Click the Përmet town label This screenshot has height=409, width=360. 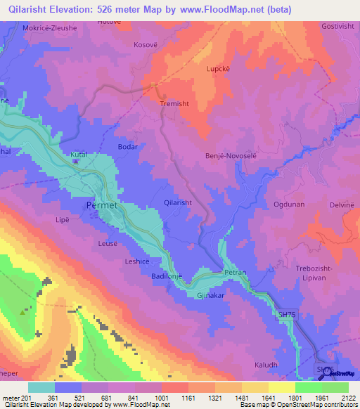(x=101, y=204)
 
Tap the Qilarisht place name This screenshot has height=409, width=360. (x=177, y=202)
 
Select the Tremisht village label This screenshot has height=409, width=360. (x=175, y=103)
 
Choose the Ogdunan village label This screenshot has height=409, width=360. (x=290, y=204)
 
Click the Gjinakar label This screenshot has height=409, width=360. (x=210, y=296)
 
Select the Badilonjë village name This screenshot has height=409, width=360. (x=167, y=277)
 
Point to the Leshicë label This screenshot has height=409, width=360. (x=137, y=261)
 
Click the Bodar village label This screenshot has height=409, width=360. (x=127, y=147)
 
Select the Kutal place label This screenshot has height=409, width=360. (x=77, y=153)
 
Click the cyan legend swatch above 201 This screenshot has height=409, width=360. (x=41, y=387)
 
